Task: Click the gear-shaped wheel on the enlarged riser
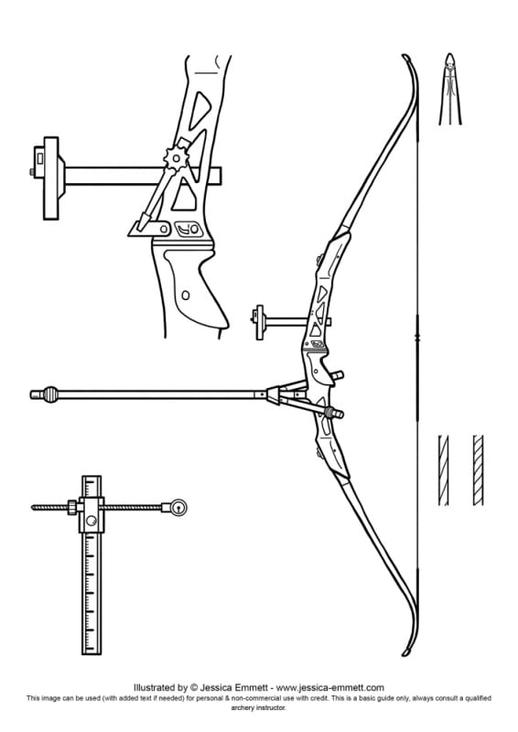[x=176, y=158]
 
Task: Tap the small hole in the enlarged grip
[x=186, y=295]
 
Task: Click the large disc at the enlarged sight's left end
[x=51, y=178]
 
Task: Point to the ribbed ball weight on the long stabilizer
[x=50, y=394]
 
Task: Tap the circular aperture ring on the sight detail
[x=178, y=508]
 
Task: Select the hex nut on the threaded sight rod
[x=72, y=508]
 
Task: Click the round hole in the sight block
[x=92, y=521]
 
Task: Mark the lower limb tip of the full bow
[x=406, y=651]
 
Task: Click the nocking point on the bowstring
[x=417, y=336]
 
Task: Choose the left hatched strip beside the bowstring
[x=444, y=470]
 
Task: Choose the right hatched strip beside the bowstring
[x=478, y=470]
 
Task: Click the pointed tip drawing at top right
[x=450, y=89]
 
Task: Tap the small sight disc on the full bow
[x=259, y=322]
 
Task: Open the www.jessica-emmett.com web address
[x=329, y=687]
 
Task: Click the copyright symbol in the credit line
[x=194, y=687]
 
